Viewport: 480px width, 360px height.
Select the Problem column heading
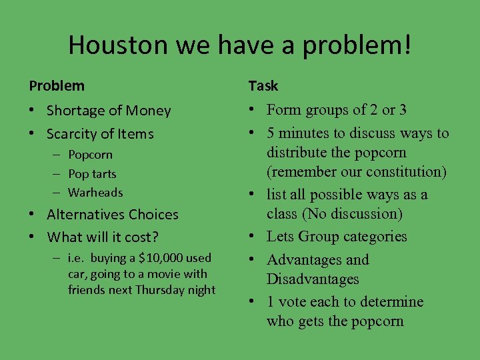click(x=57, y=86)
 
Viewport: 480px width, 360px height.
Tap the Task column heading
click(x=263, y=86)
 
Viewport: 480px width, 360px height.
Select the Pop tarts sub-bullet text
click(x=92, y=174)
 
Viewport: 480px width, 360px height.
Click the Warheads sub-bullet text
click(x=95, y=193)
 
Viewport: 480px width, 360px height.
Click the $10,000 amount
click(x=146, y=258)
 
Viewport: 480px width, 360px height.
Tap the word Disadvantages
click(x=313, y=279)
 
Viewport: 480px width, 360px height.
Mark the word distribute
click(x=297, y=153)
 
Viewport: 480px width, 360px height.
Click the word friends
click(x=87, y=290)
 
